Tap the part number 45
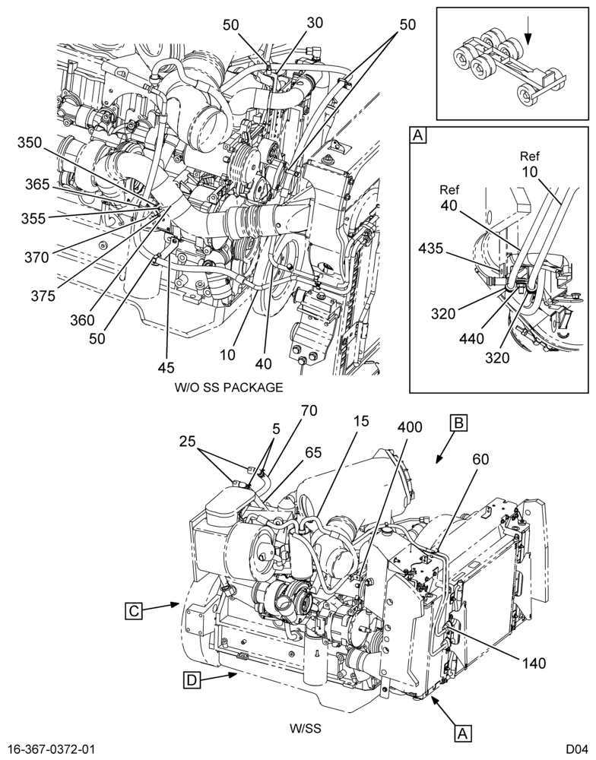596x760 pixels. click(166, 367)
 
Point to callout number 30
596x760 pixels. click(315, 22)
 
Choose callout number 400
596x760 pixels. click(411, 427)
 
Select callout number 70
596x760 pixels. click(309, 411)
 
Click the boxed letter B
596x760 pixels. click(458, 423)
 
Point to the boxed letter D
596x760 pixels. click(192, 680)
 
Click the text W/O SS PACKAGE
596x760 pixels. click(228, 388)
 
